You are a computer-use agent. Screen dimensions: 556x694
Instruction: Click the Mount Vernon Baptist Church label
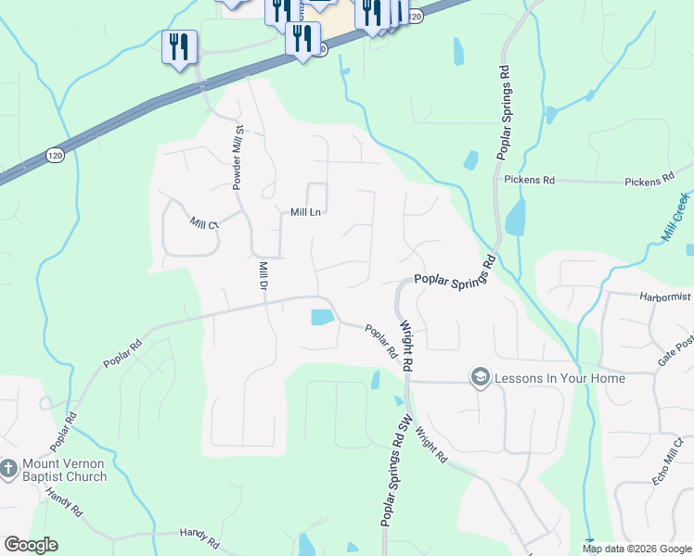click(x=65, y=470)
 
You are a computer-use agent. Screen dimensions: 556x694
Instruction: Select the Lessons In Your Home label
click(x=559, y=378)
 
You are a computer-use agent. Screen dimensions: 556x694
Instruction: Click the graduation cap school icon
click(x=480, y=376)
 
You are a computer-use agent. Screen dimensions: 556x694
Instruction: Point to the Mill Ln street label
click(x=305, y=212)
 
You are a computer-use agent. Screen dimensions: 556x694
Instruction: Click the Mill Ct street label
click(x=202, y=223)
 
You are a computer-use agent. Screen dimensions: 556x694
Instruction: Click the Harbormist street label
click(x=665, y=297)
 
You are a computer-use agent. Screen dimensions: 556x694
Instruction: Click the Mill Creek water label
click(x=676, y=219)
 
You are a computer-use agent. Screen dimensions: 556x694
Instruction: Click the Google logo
click(x=31, y=545)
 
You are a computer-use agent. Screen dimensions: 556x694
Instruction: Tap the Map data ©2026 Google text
click(x=636, y=549)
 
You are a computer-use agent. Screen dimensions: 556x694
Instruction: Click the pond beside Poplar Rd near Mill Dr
click(x=321, y=317)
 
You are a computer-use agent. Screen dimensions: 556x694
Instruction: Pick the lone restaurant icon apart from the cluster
click(x=178, y=47)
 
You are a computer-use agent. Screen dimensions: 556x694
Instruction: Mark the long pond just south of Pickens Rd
click(x=514, y=216)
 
